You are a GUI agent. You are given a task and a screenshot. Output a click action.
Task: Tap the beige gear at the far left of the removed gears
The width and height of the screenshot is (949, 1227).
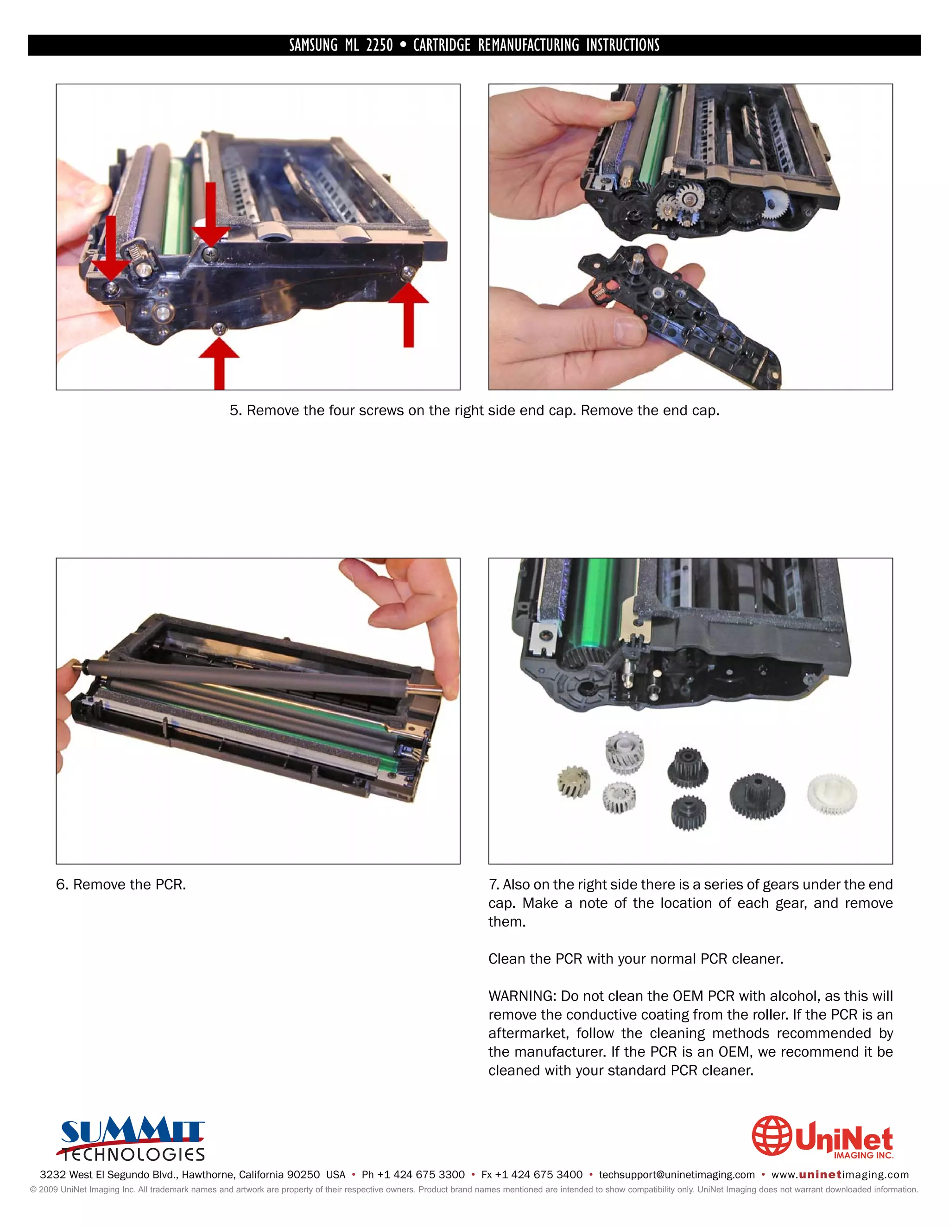tap(574, 783)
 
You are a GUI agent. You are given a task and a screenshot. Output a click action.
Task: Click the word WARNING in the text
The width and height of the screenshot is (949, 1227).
tap(522, 996)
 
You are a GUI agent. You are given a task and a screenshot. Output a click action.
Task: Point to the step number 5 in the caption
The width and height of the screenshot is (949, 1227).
tap(234, 411)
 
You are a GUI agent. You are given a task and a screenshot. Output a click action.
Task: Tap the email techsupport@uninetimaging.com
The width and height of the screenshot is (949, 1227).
tap(677, 1175)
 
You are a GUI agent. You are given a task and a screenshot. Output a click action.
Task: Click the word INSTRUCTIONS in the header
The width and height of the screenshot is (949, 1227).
tap(622, 45)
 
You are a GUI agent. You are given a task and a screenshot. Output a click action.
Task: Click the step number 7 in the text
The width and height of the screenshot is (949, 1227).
tap(493, 885)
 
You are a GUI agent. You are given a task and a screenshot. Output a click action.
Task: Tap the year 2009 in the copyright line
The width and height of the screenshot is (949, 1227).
tap(48, 1189)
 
